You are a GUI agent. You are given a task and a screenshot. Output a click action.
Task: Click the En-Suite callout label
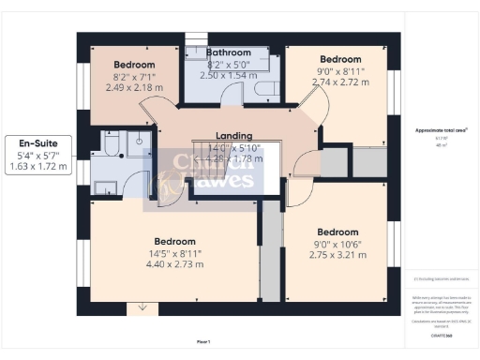pos(37,143)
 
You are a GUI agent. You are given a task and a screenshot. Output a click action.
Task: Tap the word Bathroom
pos(229,52)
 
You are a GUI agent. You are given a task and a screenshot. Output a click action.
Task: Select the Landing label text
pos(233,136)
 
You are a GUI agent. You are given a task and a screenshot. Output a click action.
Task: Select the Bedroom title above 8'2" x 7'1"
pos(134,65)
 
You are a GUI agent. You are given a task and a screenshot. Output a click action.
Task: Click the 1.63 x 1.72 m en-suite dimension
pos(38,166)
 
